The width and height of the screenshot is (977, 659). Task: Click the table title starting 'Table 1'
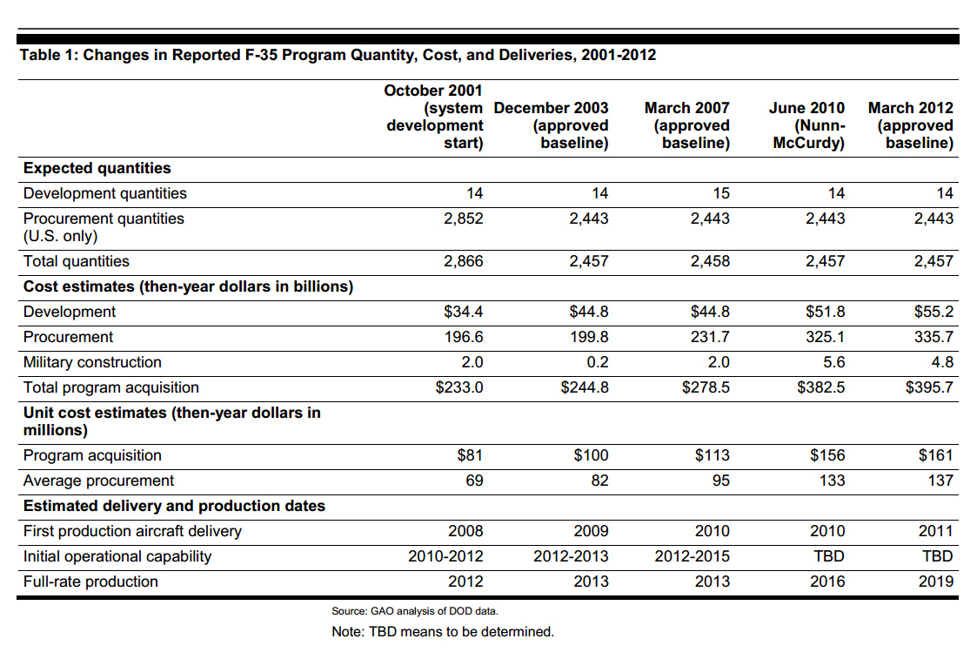pyautogui.click(x=338, y=55)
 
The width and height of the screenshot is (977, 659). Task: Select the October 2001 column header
pyautogui.click(x=433, y=117)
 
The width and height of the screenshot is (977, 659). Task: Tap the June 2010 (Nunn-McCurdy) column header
pyautogui.click(x=806, y=125)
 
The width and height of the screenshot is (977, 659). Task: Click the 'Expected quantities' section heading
pyautogui.click(x=97, y=168)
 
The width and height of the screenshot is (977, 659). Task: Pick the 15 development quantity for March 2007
pyautogui.click(x=721, y=193)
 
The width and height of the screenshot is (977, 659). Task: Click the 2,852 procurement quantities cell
pyautogui.click(x=464, y=219)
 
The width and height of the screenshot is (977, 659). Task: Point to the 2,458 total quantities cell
pyautogui.click(x=710, y=261)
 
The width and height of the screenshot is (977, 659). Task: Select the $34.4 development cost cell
pyautogui.click(x=464, y=312)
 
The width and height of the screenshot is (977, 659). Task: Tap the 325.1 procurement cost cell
pyautogui.click(x=826, y=337)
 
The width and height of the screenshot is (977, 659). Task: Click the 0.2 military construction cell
pyautogui.click(x=598, y=362)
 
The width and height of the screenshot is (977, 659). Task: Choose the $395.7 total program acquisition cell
pyautogui.click(x=930, y=387)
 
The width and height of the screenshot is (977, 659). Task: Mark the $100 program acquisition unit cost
pyautogui.click(x=592, y=456)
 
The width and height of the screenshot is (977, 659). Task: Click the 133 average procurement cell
pyautogui.click(x=833, y=481)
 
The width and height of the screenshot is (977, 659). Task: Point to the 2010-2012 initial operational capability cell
pyautogui.click(x=445, y=556)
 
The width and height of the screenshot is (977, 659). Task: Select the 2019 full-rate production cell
pyautogui.click(x=936, y=582)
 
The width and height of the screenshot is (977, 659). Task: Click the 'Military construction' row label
pyautogui.click(x=92, y=362)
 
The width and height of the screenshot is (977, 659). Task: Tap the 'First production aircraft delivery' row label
pyautogui.click(x=132, y=531)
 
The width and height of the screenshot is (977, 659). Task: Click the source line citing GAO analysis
pyautogui.click(x=415, y=611)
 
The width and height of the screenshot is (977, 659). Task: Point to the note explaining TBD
pyautogui.click(x=443, y=631)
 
